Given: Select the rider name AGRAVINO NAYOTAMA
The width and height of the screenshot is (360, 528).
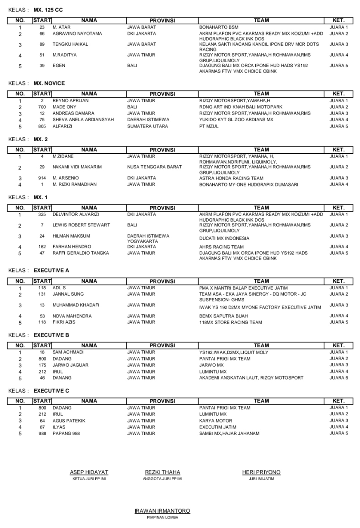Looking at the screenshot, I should [77, 33].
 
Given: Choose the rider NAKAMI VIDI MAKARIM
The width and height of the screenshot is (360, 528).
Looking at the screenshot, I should [77, 167].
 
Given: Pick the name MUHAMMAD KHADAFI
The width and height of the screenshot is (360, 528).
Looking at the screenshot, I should [76, 305].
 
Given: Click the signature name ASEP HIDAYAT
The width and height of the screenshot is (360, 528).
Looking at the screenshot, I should [89, 472].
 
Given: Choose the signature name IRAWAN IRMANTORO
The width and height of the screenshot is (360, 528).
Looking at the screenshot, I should [162, 511].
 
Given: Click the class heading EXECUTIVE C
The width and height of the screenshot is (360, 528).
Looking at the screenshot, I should [51, 389].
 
